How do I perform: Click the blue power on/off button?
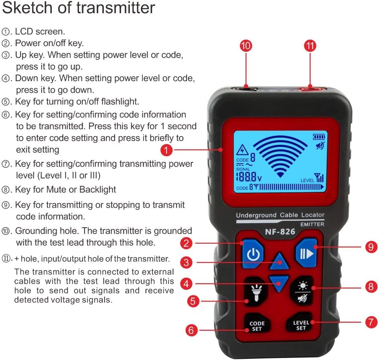[253, 254]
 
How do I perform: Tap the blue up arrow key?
[279, 262]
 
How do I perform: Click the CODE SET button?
[257, 326]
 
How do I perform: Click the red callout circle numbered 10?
[245, 46]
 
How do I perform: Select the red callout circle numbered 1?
[166, 151]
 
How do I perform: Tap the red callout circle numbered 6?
[192, 330]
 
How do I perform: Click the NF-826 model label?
[279, 232]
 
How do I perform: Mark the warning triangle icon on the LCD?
[242, 151]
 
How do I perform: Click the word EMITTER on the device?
[312, 224]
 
